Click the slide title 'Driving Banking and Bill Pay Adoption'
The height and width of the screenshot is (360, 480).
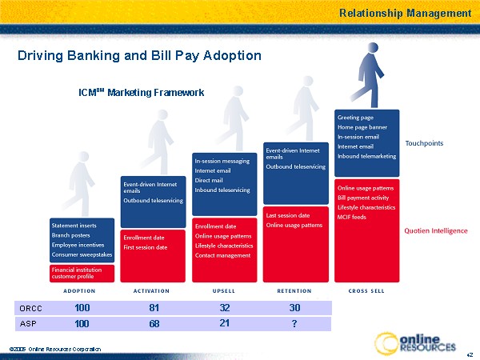pyautogui.click(x=139, y=56)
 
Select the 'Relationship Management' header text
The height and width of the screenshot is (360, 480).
pyautogui.click(x=405, y=13)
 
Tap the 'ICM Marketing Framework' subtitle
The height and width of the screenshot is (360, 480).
pyautogui.click(x=141, y=93)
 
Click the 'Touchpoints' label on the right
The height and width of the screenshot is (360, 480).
pyautogui.click(x=424, y=143)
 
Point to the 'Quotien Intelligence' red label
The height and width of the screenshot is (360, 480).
pyautogui.click(x=435, y=230)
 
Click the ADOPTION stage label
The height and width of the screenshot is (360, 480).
pyautogui.click(x=81, y=290)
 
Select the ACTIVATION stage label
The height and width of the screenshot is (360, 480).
pyautogui.click(x=154, y=290)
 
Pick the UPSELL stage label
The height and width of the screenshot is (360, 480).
pyautogui.click(x=223, y=290)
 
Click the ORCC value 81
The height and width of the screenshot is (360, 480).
pyautogui.click(x=154, y=307)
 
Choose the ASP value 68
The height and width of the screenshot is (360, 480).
pyautogui.click(x=154, y=323)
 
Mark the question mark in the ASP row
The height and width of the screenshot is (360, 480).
pyautogui.click(x=294, y=324)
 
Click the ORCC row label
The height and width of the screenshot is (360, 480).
pyautogui.click(x=30, y=307)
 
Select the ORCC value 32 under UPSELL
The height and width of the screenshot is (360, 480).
pyautogui.click(x=224, y=307)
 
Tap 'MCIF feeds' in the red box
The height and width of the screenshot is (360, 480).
pyautogui.click(x=352, y=217)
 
